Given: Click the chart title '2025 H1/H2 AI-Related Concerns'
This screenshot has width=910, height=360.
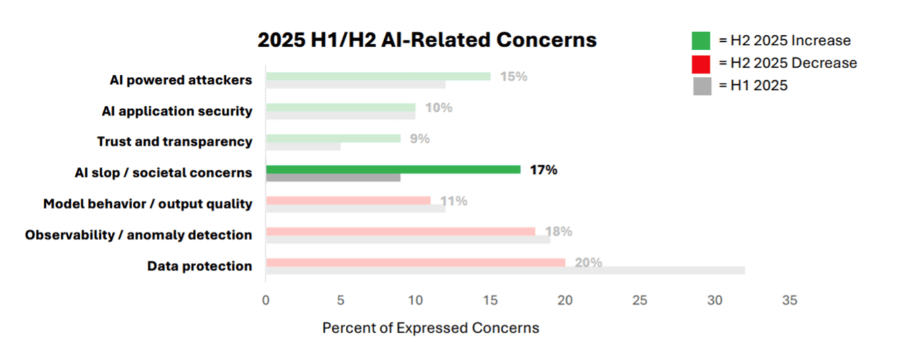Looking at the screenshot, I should pyautogui.click(x=427, y=40).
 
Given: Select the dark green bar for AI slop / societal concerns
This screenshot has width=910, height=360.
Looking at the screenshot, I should pyautogui.click(x=393, y=169).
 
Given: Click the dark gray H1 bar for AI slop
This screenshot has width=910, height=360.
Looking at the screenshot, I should pyautogui.click(x=333, y=177).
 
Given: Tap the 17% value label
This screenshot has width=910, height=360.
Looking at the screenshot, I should pyautogui.click(x=543, y=170).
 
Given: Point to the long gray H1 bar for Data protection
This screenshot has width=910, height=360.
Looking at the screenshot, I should pyautogui.click(x=505, y=270).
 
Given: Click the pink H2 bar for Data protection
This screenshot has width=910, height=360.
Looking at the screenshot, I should pyautogui.click(x=415, y=262).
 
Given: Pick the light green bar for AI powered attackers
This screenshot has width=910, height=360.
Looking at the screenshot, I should pyautogui.click(x=378, y=76).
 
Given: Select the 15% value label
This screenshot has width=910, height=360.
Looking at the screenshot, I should pyautogui.click(x=513, y=76).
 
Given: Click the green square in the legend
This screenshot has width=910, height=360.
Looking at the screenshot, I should pyautogui.click(x=701, y=40).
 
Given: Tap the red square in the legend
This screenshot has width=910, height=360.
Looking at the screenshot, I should pyautogui.click(x=701, y=63).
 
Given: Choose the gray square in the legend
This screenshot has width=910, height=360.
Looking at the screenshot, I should pyautogui.click(x=701, y=86).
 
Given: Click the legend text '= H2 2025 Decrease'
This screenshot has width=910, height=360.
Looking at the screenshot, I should pyautogui.click(x=787, y=63).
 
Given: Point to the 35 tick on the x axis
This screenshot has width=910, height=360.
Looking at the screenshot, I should pyautogui.click(x=789, y=300).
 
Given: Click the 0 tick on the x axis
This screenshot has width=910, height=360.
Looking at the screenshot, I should pyautogui.click(x=266, y=300).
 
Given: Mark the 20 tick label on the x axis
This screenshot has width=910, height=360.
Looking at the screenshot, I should pyautogui.click(x=565, y=300).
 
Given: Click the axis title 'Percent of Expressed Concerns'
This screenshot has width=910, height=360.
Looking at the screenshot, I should pyautogui.click(x=431, y=328).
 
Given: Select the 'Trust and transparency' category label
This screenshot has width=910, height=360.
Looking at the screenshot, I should pyautogui.click(x=175, y=142).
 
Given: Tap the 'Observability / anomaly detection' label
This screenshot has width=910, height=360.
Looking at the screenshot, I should pyautogui.click(x=139, y=235).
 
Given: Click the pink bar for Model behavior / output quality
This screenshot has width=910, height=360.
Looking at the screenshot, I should pyautogui.click(x=348, y=200).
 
